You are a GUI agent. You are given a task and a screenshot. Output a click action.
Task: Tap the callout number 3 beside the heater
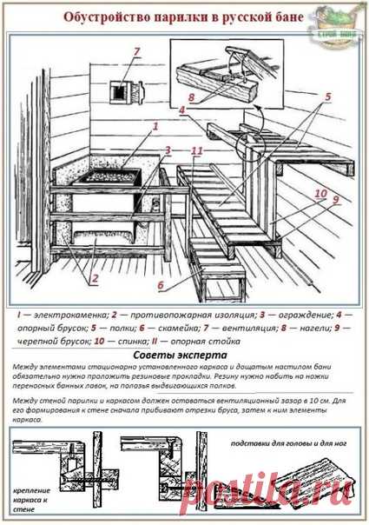tap(168, 150)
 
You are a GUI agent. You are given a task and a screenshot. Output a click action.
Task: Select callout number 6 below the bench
tap(161, 284)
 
